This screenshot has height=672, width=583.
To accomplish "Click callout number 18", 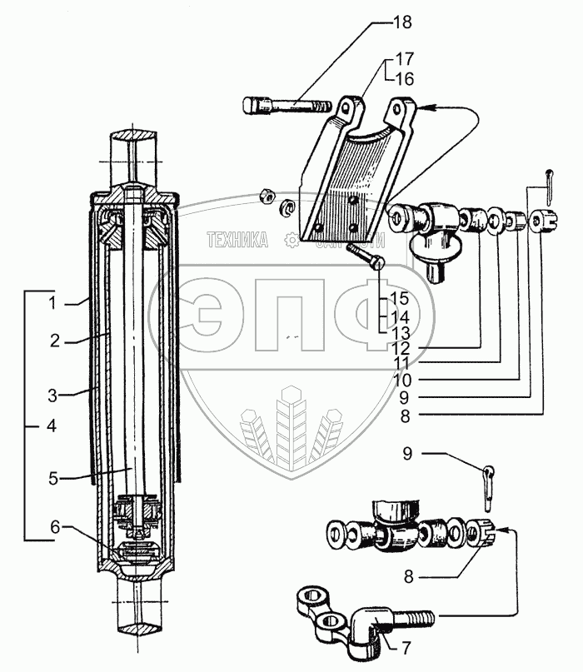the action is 402,22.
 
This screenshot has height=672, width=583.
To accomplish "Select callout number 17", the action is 404,60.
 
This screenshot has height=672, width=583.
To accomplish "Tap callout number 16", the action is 404,79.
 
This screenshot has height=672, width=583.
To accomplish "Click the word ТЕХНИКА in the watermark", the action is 237,241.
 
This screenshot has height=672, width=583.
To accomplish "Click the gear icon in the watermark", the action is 291,241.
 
